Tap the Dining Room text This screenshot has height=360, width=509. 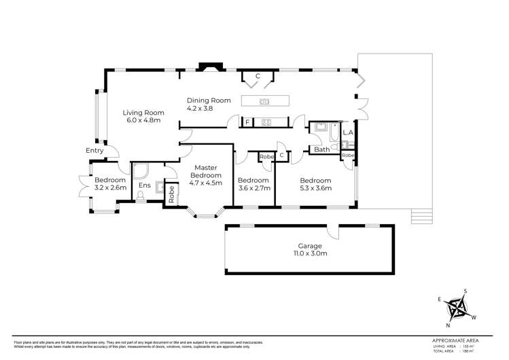pyautogui.click(x=209, y=101)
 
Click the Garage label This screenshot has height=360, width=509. pyautogui.click(x=309, y=246)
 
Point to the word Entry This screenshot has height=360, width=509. pyautogui.click(x=94, y=151)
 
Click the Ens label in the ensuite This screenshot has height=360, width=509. pyautogui.click(x=144, y=185)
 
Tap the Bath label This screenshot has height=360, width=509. pyautogui.click(x=321, y=149)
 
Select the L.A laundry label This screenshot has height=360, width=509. pyautogui.click(x=347, y=132)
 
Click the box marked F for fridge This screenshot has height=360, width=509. pyautogui.click(x=248, y=123)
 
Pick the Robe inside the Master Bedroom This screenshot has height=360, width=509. pyautogui.click(x=171, y=196)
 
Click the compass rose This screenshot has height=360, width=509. pyautogui.click(x=457, y=309)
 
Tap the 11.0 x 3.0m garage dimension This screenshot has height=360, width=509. pyautogui.click(x=309, y=254)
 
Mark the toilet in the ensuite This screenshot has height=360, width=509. pyautogui.click(x=140, y=196)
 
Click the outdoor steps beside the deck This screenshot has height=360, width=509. pyautogui.click(x=421, y=217)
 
